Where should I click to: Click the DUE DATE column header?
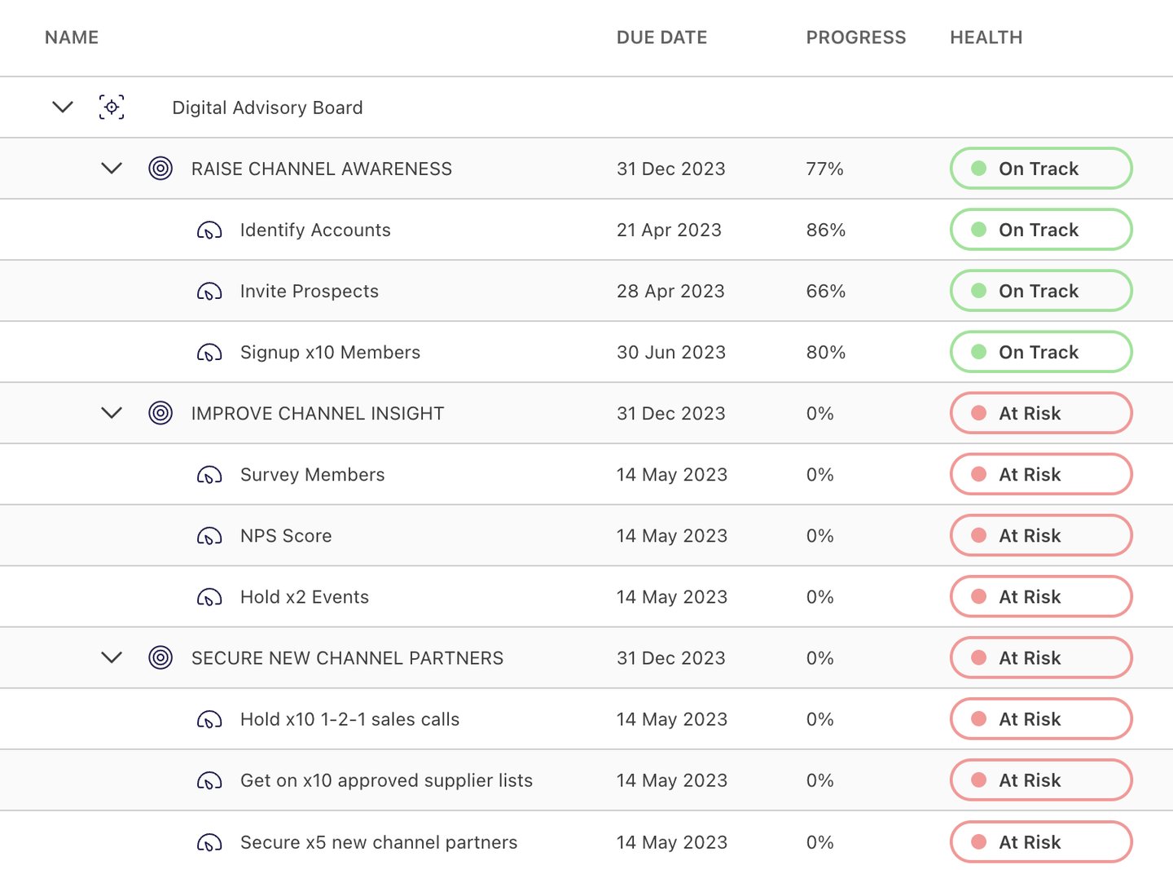(661, 37)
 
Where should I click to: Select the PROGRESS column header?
(855, 37)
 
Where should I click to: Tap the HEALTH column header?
(986, 37)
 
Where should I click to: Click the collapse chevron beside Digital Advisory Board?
(63, 107)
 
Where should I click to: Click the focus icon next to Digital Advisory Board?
(112, 107)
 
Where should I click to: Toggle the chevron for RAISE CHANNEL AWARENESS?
(112, 169)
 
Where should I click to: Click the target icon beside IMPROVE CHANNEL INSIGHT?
(160, 413)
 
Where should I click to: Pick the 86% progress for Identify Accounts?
(825, 230)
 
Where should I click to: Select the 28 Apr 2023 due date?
(670, 291)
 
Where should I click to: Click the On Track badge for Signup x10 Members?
(1040, 352)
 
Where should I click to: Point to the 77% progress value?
(824, 169)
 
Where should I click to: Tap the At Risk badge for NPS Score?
(1040, 535)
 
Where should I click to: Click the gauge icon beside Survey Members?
(209, 475)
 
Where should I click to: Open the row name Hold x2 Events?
(304, 597)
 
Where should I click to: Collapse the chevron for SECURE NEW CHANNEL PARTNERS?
(112, 657)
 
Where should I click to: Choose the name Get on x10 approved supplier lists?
(386, 780)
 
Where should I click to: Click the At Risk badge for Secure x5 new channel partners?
(1040, 841)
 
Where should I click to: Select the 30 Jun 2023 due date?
(670, 352)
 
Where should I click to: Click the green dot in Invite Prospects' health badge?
(979, 291)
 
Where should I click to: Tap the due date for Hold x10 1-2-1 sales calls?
(671, 719)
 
